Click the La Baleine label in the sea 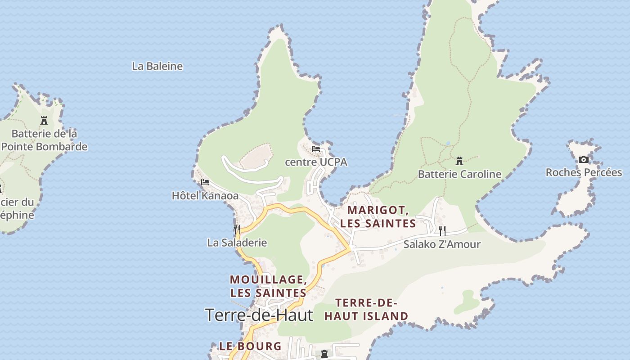157,66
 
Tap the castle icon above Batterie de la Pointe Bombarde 44,120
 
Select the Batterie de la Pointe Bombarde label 44,140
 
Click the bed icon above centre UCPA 316,149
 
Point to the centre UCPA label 316,162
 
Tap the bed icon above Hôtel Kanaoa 205,182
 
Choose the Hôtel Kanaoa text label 205,196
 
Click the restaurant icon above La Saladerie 237,229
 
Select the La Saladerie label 237,243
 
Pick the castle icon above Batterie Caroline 459,161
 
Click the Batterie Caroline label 459,174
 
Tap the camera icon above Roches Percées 584,159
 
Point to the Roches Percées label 584,172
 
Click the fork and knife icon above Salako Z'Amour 442,231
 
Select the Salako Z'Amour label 442,244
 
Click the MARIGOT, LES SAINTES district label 378,216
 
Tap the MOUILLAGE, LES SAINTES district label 268,286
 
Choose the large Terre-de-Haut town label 259,315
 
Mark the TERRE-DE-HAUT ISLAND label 366,309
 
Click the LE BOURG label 250,346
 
